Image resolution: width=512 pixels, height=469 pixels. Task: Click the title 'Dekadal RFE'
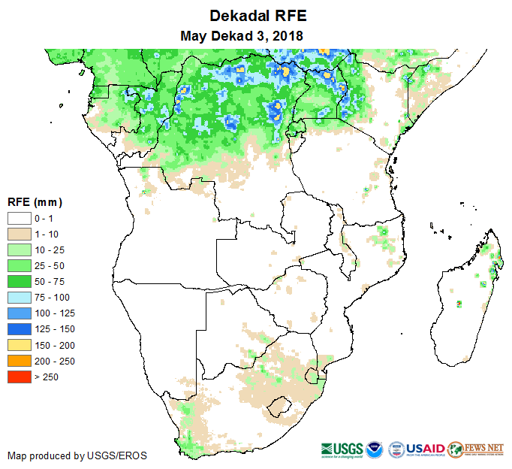pos(258,16)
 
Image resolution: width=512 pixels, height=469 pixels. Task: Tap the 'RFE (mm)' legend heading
pos(35,202)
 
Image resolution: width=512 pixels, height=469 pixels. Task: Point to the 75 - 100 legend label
pos(56,297)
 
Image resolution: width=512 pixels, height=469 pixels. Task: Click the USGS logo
pos(342,449)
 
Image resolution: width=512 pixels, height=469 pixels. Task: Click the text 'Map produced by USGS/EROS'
pos(77,455)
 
